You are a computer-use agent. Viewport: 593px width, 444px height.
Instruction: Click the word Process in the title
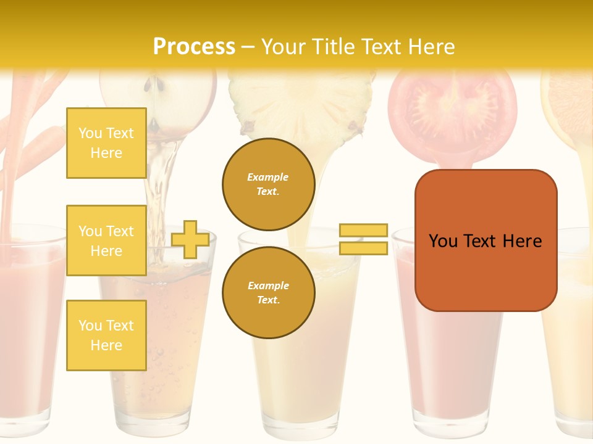coord(194,47)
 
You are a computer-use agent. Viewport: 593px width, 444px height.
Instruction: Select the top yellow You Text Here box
coord(106,143)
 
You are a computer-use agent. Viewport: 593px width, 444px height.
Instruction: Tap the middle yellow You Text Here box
coord(106,240)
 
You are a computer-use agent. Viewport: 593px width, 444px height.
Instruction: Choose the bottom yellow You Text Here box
coord(106,335)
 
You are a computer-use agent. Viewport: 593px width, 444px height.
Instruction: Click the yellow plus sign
coord(190,240)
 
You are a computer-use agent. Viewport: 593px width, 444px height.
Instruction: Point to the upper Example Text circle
coord(268,184)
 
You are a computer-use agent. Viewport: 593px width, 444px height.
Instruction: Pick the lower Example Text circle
coord(268,293)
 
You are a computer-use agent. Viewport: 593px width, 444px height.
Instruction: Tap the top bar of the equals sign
coord(363,231)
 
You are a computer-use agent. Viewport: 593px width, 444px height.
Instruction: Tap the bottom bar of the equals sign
coord(363,248)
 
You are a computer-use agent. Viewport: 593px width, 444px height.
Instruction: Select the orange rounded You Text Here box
coord(486,240)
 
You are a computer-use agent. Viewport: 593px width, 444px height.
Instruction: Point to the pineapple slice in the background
coord(303,99)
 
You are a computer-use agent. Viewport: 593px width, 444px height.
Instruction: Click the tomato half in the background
coord(453,108)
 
